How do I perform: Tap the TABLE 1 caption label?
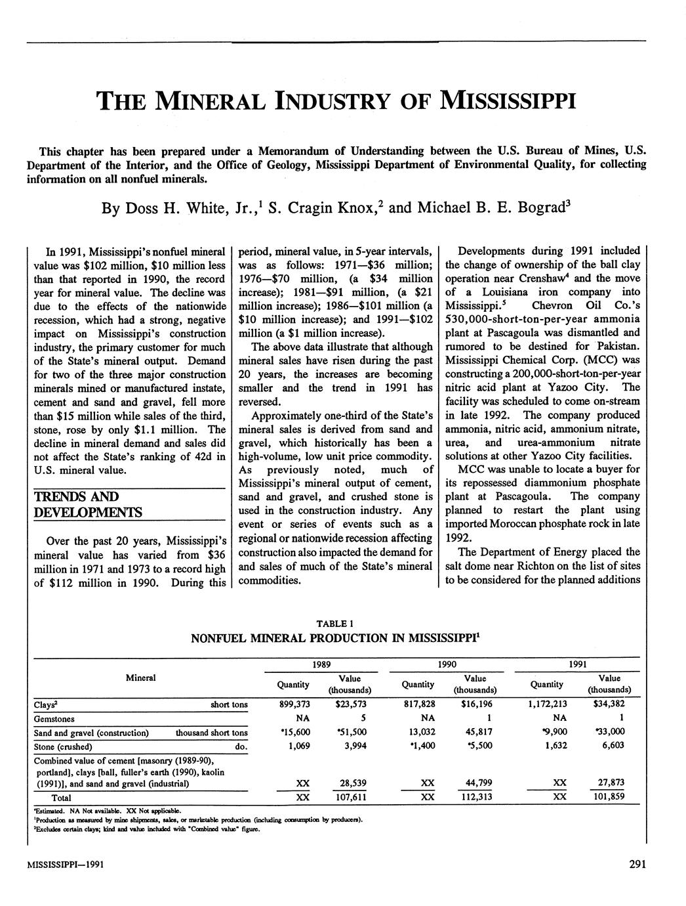coord(334,623)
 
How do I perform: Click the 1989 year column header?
coord(321,664)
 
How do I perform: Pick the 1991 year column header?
coord(577,664)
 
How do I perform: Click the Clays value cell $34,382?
coord(609,704)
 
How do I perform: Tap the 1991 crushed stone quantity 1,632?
coord(554,745)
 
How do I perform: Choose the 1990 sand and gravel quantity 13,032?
coord(419,731)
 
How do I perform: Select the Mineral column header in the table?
coord(140,677)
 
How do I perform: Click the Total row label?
coord(62,798)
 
